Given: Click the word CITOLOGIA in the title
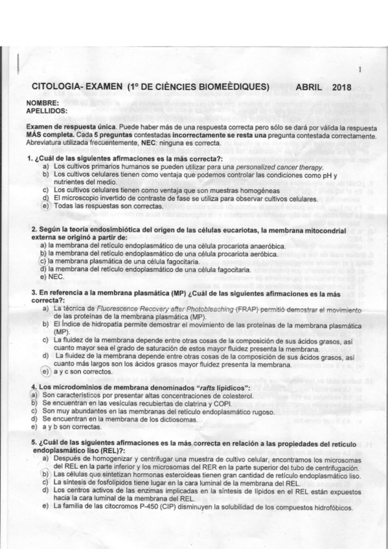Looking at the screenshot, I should tap(56, 87).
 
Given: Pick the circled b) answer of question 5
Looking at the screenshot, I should tap(45, 475).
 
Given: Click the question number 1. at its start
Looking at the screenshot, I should tap(30, 159).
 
